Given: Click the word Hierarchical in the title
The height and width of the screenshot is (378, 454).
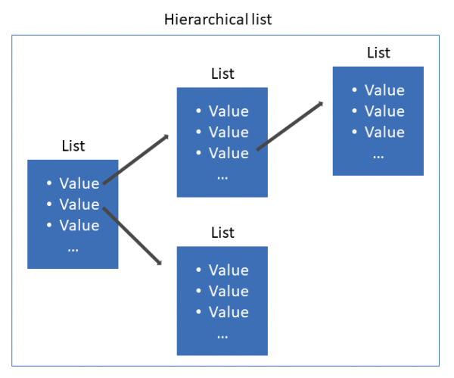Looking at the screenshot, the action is (x=206, y=20).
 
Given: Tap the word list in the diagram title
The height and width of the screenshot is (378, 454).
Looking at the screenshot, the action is (x=262, y=20).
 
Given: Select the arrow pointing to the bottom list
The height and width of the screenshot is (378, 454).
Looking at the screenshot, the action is (x=132, y=236).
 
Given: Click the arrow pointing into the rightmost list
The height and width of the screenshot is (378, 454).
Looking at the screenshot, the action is (x=290, y=126).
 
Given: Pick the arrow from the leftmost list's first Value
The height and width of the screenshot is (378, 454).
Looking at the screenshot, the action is (x=135, y=159).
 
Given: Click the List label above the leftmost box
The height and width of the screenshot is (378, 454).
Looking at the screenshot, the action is (x=73, y=145).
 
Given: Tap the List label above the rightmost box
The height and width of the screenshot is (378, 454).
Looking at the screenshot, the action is (x=378, y=53).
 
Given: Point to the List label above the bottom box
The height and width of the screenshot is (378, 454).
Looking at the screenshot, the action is (x=222, y=233).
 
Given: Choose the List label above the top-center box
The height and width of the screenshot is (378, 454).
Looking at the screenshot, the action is (x=222, y=73).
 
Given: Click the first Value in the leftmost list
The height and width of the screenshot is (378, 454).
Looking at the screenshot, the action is (x=79, y=183).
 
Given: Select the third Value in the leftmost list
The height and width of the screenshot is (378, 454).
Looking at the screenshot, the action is (x=79, y=225).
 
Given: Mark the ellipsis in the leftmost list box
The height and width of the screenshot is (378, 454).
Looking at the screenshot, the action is (x=73, y=250).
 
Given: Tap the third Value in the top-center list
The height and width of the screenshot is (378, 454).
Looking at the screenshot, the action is (x=229, y=153).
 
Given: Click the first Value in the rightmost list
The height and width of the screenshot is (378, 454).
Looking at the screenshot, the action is (x=384, y=90).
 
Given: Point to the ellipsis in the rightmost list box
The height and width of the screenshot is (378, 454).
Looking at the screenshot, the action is (x=378, y=157).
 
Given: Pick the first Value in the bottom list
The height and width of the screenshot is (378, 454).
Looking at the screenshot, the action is (x=229, y=270).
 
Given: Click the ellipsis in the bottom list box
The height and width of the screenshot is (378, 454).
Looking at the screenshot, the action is (x=222, y=337).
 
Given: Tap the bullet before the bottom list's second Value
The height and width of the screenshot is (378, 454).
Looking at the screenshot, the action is (x=198, y=290).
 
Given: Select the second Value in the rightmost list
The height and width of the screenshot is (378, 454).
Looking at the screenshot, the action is (x=384, y=111).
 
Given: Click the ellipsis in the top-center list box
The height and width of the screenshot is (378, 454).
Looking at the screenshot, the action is (x=222, y=178).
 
